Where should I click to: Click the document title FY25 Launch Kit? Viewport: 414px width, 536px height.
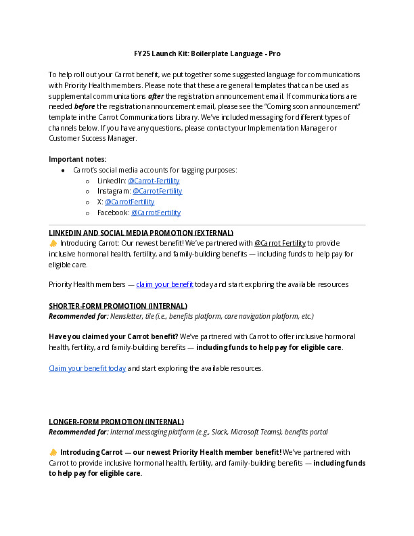(206, 53)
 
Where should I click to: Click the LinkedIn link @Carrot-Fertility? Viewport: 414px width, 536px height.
(154, 181)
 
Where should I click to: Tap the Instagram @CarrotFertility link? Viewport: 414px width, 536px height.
(158, 191)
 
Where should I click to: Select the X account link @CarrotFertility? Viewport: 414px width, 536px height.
(129, 202)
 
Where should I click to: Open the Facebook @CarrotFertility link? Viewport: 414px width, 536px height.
(156, 213)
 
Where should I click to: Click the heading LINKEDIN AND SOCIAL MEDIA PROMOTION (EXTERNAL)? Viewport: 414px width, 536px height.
(141, 232)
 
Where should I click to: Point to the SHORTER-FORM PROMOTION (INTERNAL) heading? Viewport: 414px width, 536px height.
(118, 306)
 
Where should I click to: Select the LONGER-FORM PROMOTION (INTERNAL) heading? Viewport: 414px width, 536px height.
(116, 421)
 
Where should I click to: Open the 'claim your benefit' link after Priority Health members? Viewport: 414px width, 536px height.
(165, 284)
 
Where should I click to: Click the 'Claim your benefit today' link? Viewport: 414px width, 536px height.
(87, 368)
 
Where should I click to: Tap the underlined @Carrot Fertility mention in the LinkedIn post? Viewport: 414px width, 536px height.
(279, 243)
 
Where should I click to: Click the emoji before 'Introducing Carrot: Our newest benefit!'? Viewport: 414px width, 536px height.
(53, 243)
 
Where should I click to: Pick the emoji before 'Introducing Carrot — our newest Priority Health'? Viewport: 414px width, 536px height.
(53, 452)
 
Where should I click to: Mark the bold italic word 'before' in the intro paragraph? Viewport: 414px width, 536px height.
(85, 107)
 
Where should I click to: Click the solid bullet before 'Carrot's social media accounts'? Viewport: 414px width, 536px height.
(63, 171)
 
